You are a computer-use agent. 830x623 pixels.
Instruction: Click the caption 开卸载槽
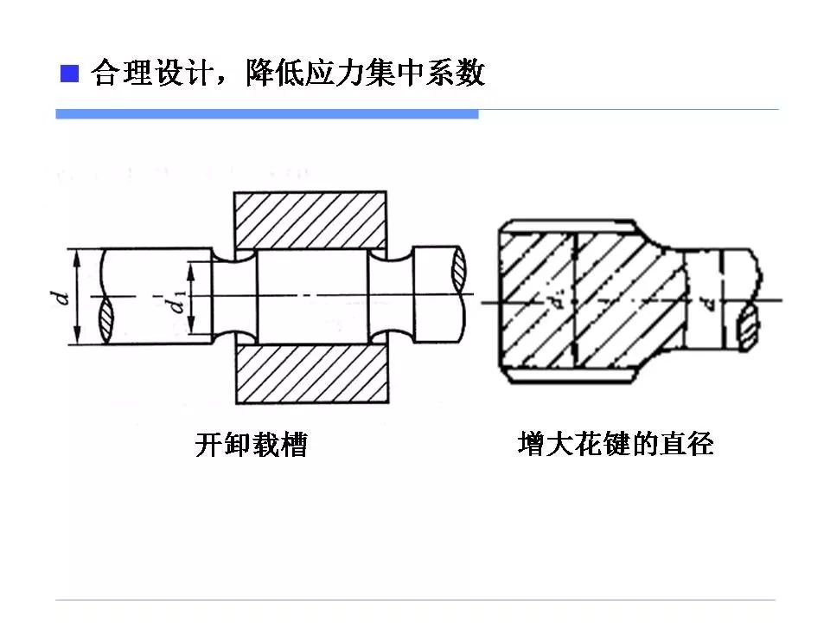pyautogui.click(x=251, y=446)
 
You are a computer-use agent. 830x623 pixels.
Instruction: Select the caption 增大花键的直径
pyautogui.click(x=616, y=445)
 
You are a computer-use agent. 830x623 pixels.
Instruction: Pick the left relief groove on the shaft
pyautogui.click(x=235, y=296)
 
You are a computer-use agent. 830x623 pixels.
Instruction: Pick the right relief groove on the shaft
pyautogui.click(x=391, y=296)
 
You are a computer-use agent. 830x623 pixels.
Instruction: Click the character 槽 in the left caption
pyautogui.click(x=294, y=446)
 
